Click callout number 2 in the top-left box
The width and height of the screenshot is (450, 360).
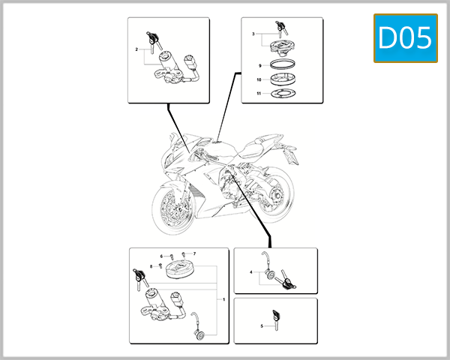tap(136, 49)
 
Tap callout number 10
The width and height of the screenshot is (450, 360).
tap(258, 79)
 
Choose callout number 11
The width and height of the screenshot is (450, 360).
tap(258, 93)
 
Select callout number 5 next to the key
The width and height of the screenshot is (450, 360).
tap(261, 326)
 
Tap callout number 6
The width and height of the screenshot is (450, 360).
tap(160, 256)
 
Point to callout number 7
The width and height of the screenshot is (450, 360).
tap(193, 254)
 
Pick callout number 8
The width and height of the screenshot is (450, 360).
tap(151, 266)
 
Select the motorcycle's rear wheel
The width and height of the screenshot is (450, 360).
tap(276, 195)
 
